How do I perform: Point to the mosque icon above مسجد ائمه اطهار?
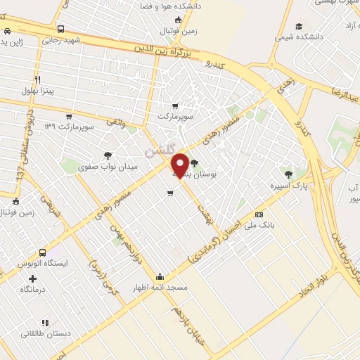point(160,276)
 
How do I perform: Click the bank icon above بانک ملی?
point(259,214)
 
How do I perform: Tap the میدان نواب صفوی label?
point(107,168)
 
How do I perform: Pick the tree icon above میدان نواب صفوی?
point(108,156)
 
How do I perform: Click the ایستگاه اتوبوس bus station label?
point(43,264)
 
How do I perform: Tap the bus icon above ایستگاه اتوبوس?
point(43,252)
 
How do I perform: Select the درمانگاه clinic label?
point(34,290)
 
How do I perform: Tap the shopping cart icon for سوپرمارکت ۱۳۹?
point(68,117)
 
